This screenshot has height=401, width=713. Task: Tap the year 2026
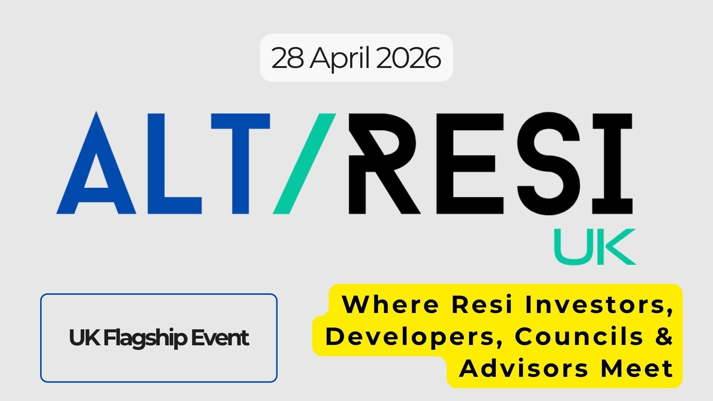coord(408,58)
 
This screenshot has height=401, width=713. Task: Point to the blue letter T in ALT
coord(240,163)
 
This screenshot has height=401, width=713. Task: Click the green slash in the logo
coord(305,163)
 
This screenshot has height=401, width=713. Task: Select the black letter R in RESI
coord(382,163)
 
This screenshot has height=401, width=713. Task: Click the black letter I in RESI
coord(612,163)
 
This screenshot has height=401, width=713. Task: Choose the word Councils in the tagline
coord(579,336)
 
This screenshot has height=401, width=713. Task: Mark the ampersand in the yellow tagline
coord(663,336)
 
